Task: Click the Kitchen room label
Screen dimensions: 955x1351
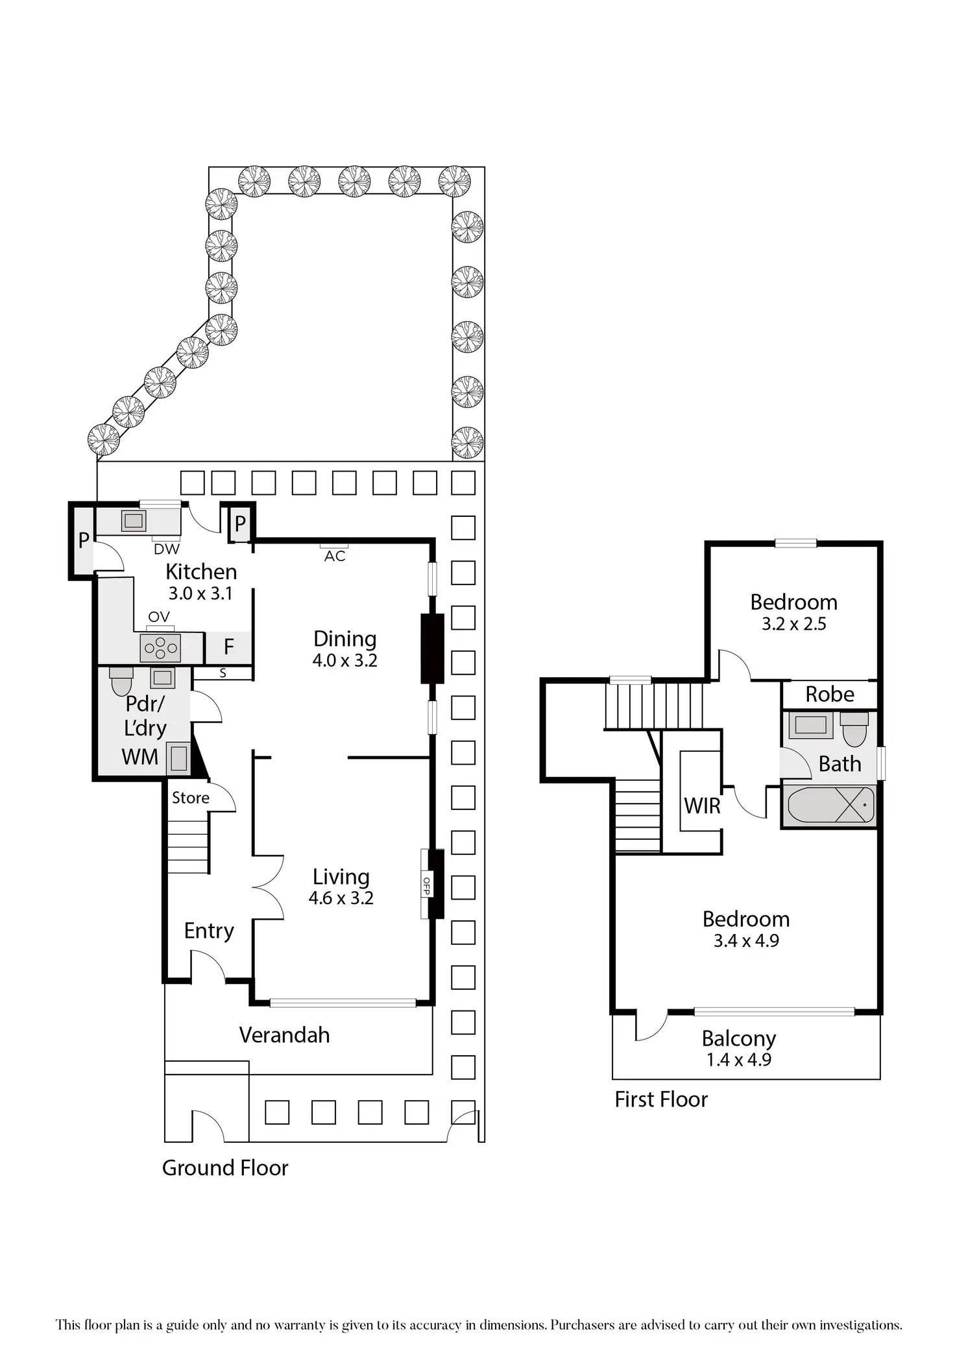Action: click(201, 571)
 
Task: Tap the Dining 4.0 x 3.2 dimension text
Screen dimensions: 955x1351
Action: click(345, 661)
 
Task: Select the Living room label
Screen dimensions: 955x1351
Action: click(341, 877)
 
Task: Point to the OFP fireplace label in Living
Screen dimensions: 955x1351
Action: click(426, 885)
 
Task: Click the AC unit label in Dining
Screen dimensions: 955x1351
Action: click(335, 556)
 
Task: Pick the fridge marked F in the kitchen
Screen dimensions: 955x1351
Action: click(228, 647)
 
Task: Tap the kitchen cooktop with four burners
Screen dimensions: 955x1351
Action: click(161, 648)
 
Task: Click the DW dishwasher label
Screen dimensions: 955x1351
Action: click(167, 549)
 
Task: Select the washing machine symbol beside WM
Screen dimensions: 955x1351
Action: click(178, 758)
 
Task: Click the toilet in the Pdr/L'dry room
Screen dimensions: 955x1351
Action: click(121, 680)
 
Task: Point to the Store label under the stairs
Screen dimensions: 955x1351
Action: click(191, 798)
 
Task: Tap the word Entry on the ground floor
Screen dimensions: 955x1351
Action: click(209, 931)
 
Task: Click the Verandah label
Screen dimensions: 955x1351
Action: click(284, 1035)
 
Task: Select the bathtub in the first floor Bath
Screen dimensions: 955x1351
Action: click(830, 805)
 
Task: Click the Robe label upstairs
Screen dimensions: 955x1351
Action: click(830, 695)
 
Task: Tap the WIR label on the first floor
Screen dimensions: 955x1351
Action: click(702, 806)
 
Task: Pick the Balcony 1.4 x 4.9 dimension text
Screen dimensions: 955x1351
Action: click(739, 1060)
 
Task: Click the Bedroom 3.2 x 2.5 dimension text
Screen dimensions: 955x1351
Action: click(794, 624)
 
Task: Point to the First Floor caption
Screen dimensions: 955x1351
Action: click(661, 1099)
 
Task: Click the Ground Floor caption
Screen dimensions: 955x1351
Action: click(225, 1168)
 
